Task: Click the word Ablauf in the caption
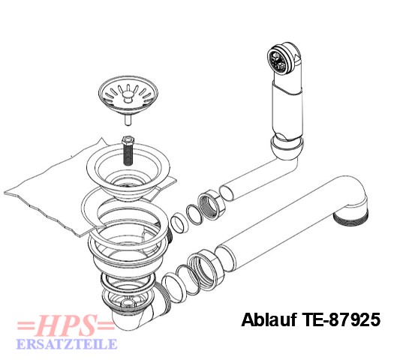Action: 269,319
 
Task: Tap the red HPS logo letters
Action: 66,325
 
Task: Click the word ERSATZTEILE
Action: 67,343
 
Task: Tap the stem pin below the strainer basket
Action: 128,119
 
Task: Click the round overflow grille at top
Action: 278,60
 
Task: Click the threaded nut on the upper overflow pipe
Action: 209,204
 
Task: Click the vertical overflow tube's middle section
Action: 287,111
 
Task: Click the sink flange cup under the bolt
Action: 128,172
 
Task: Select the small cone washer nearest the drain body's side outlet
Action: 179,223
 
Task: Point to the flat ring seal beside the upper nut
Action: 194,214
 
